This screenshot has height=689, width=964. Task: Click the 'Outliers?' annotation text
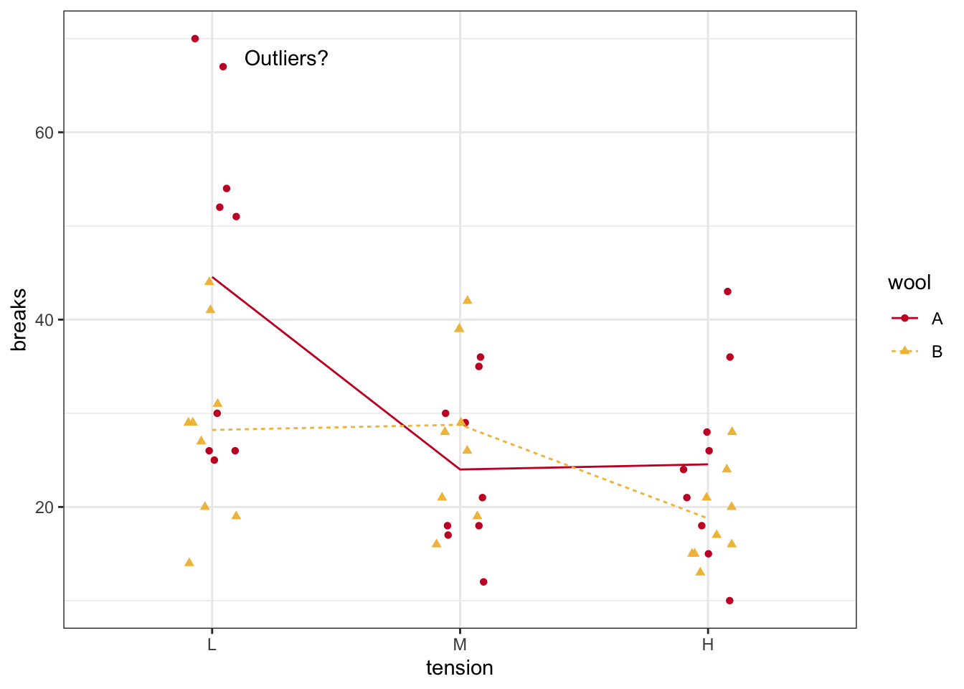click(286, 58)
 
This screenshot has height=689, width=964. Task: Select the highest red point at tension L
click(195, 39)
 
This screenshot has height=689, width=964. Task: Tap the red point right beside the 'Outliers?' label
click(223, 67)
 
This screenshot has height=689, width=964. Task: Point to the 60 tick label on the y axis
click(44, 133)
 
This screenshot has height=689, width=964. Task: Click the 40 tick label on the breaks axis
click(44, 320)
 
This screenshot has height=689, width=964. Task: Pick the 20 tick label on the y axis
click(44, 507)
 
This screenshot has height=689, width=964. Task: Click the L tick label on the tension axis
click(212, 645)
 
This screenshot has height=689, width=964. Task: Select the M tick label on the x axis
click(460, 645)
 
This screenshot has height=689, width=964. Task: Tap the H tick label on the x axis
click(708, 645)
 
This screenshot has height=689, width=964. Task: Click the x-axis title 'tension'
click(460, 668)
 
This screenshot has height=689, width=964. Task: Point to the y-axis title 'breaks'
click(19, 320)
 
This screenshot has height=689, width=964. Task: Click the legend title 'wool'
click(909, 283)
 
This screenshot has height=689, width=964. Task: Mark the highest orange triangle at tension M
click(468, 299)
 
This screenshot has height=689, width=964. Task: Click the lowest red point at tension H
click(729, 601)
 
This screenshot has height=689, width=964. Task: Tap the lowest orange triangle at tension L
click(189, 562)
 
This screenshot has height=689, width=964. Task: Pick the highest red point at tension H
click(727, 291)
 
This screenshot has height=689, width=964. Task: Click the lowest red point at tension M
click(483, 582)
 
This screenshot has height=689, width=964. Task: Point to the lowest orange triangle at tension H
click(700, 571)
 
